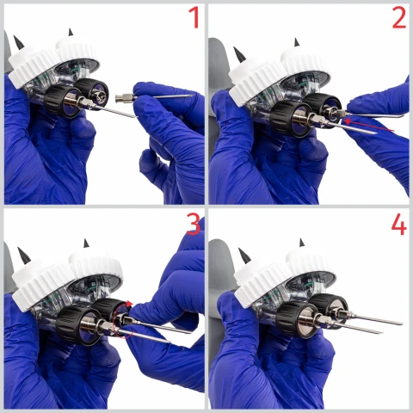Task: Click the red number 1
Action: [194, 17]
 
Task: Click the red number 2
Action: [399, 17]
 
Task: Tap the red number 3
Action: [194, 224]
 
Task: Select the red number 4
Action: [398, 224]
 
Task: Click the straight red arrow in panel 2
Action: [369, 126]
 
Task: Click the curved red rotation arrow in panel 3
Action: [123, 318]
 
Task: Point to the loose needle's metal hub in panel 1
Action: [123, 98]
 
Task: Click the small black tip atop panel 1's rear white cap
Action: [71, 32]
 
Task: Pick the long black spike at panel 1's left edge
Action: [19, 42]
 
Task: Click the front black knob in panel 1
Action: [62, 101]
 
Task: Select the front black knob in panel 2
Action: [290, 118]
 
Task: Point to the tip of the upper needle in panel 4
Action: [402, 324]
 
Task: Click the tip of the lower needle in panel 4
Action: [383, 333]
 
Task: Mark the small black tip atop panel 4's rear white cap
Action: [301, 243]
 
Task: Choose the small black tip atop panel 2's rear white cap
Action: [297, 42]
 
